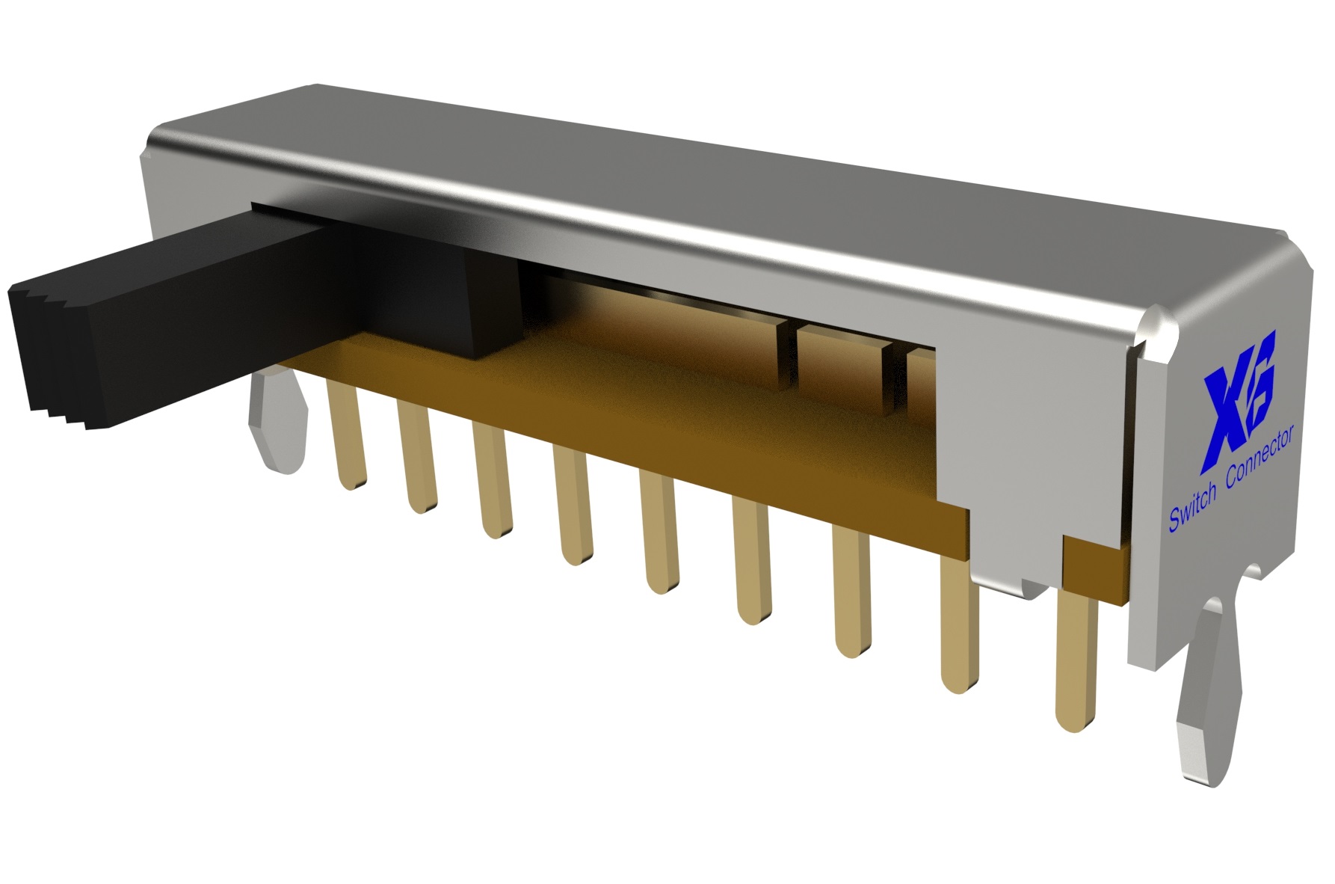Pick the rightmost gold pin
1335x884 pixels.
tap(1076, 658)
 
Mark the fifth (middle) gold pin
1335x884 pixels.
tap(658, 538)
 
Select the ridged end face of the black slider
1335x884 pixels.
tap(52, 352)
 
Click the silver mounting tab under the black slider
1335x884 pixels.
tap(277, 426)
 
